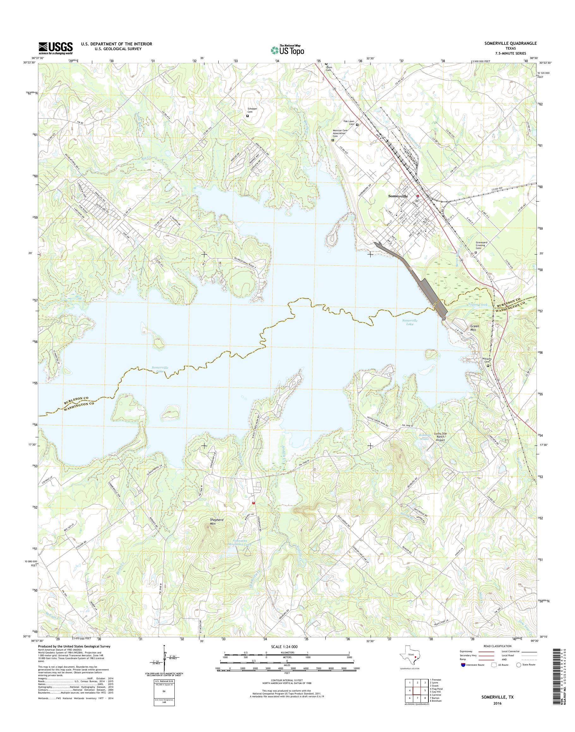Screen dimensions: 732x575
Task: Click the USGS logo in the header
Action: click(x=56, y=48)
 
